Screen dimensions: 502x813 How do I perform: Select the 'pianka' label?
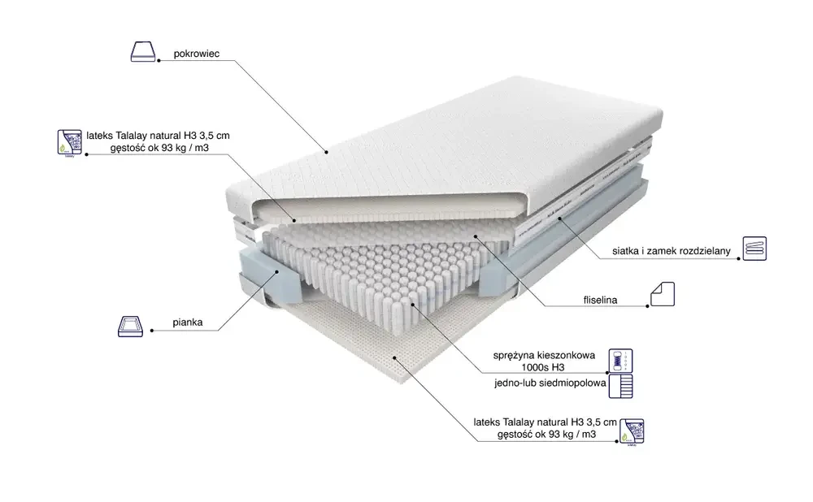pyautogui.click(x=188, y=322)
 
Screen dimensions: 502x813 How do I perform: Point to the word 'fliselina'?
pyautogui.click(x=600, y=300)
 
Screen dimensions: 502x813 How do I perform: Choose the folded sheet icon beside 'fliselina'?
pyautogui.click(x=662, y=294)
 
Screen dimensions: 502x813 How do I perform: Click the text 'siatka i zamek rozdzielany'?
pyautogui.click(x=672, y=252)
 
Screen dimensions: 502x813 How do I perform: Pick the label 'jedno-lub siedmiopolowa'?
pyautogui.click(x=549, y=383)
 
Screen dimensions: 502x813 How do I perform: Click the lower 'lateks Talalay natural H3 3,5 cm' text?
pyautogui.click(x=545, y=422)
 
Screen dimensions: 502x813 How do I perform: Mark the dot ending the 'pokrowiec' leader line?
pyautogui.click(x=326, y=151)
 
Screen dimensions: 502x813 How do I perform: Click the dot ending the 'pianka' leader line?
pyautogui.click(x=279, y=267)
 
